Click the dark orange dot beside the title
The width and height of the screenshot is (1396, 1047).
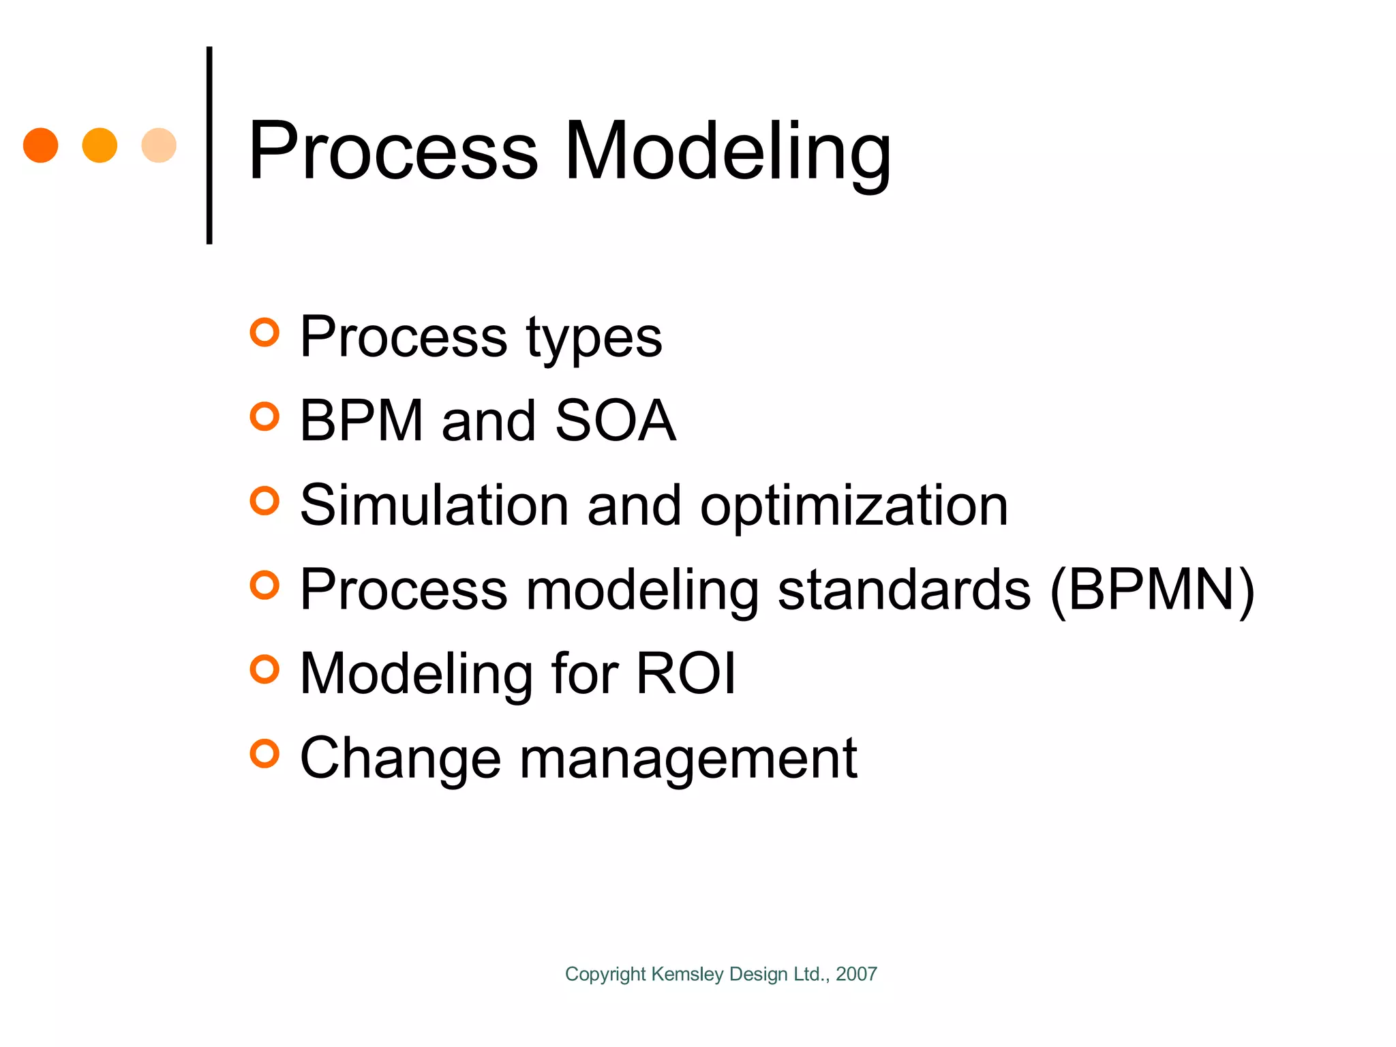(x=40, y=145)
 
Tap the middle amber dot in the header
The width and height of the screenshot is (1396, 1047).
(x=100, y=145)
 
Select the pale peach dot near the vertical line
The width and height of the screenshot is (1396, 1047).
(x=159, y=145)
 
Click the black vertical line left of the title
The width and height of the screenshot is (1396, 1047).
(x=209, y=145)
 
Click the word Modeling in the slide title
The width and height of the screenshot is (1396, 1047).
(x=727, y=151)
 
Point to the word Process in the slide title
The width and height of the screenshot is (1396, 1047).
(x=393, y=151)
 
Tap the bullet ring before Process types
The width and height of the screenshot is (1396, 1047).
(x=264, y=333)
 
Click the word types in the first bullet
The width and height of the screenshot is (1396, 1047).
(x=594, y=339)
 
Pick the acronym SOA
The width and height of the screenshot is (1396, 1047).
(x=615, y=421)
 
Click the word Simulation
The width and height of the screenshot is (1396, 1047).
(x=434, y=505)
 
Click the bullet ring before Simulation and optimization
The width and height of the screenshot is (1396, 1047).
(x=264, y=501)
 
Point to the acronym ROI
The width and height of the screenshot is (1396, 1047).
(x=686, y=673)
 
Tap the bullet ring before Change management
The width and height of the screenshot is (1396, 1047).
(x=264, y=754)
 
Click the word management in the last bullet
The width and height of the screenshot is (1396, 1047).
(x=688, y=759)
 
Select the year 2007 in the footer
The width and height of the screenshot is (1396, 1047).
(x=856, y=974)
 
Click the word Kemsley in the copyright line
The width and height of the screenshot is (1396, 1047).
(x=688, y=974)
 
